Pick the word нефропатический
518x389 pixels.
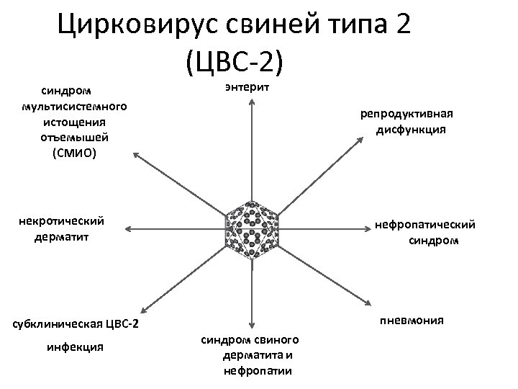tap(426, 225)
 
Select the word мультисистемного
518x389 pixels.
tap(75, 106)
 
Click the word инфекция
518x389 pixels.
tap(75, 347)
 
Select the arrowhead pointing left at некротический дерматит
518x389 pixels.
tap(127, 228)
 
